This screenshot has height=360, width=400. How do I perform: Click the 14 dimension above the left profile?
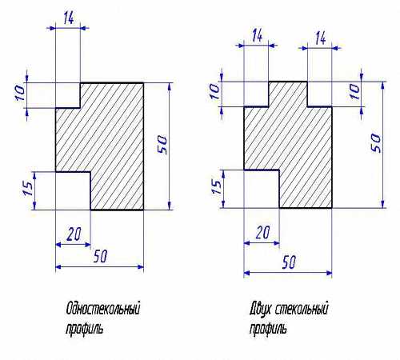69,18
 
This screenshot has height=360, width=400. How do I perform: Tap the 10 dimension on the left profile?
20,93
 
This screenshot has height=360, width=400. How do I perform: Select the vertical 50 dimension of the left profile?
162,145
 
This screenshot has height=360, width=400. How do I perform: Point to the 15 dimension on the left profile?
28,188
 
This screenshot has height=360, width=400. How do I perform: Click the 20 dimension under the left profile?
74,234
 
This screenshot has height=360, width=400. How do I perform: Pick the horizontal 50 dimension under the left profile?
100,256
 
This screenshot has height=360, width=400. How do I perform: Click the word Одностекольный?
103,309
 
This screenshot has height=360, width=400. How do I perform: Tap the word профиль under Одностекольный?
84,328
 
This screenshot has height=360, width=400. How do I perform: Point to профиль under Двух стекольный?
268,328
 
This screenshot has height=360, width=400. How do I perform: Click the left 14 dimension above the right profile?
257,35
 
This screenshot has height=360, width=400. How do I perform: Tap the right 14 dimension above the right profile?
320,38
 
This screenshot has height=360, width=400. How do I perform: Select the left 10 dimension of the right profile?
215,91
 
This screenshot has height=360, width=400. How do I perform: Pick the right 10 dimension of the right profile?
354,92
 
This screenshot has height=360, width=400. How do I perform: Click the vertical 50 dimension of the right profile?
376,143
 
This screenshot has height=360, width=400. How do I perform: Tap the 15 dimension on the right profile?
217,187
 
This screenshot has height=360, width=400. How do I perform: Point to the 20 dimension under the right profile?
262,232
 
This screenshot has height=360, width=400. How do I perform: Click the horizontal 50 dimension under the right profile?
289,262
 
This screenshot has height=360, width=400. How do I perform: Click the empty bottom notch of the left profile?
73,191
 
